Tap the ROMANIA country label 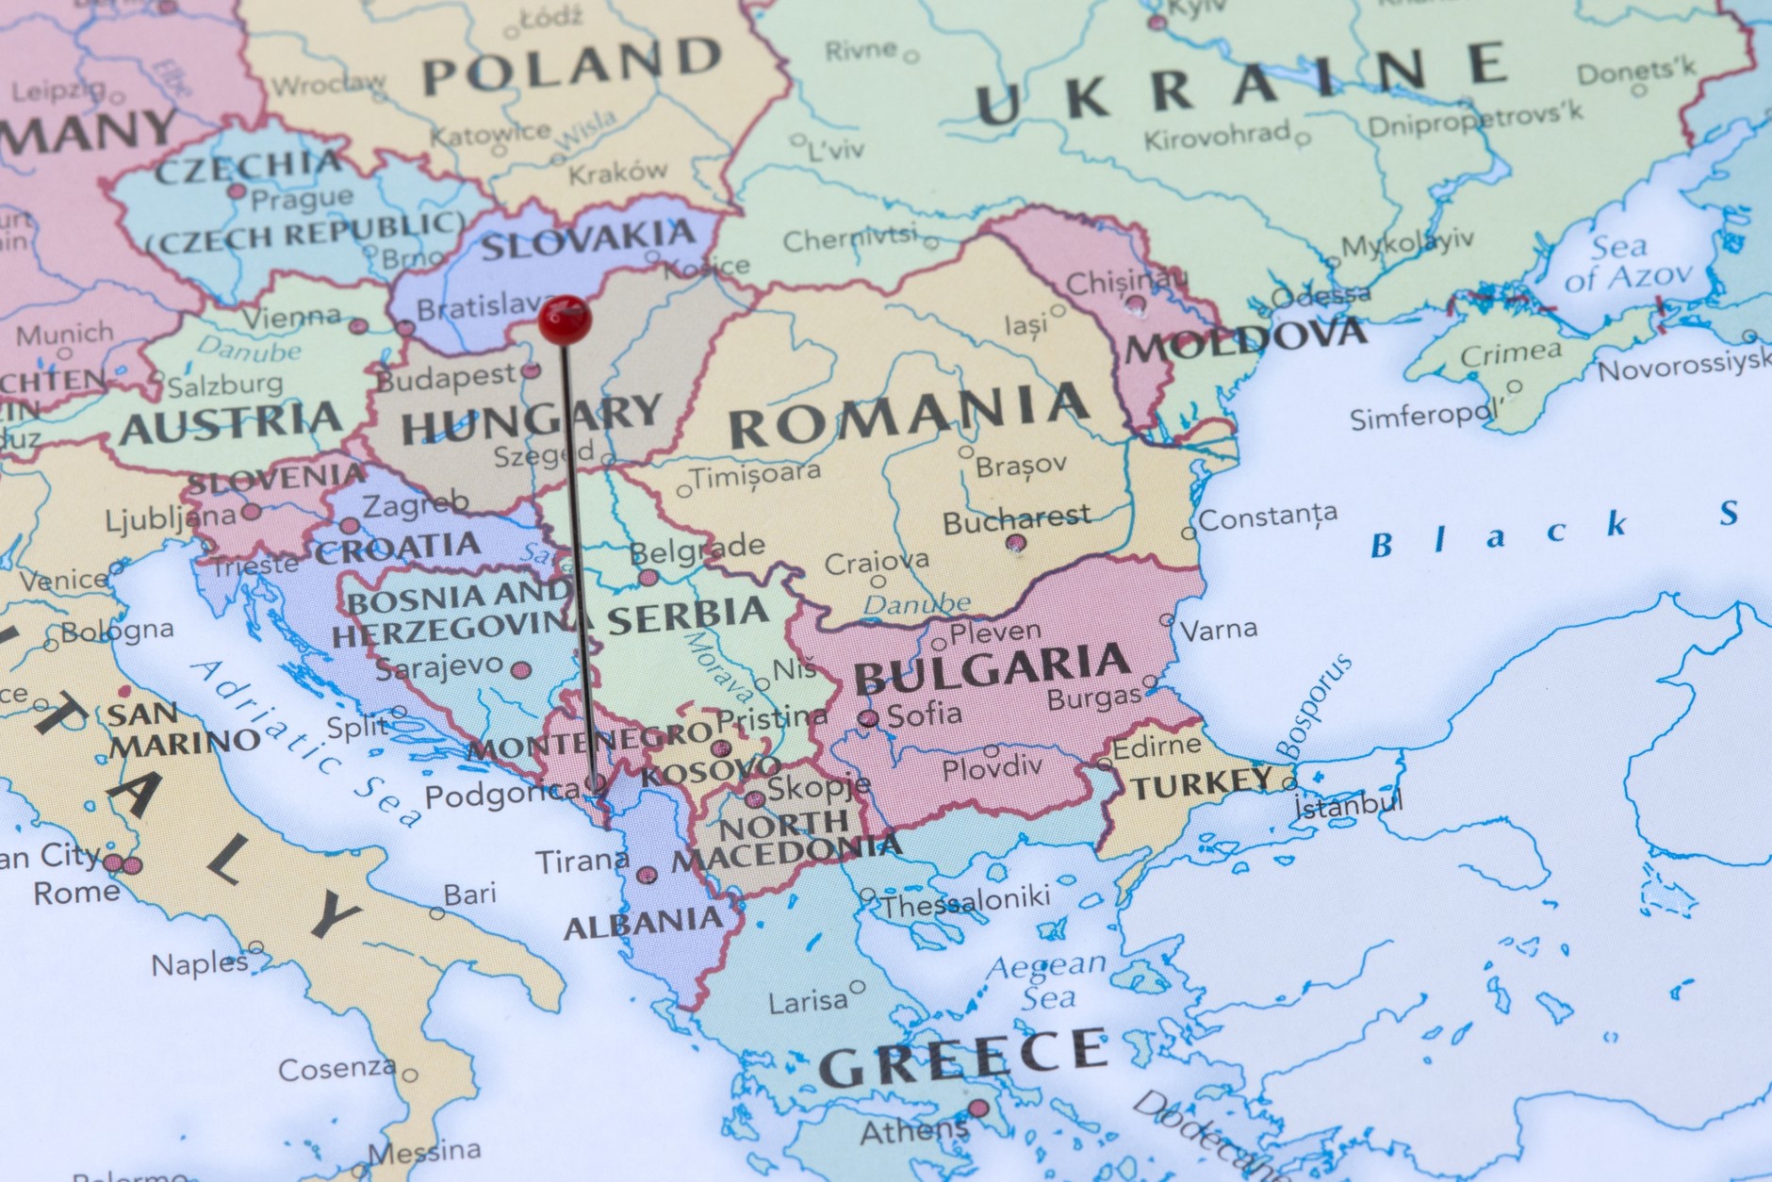click(x=909, y=416)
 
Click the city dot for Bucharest click(x=1015, y=543)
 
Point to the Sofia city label click(x=924, y=714)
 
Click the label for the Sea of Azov click(x=1628, y=262)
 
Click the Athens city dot click(x=979, y=1108)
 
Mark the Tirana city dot click(x=647, y=875)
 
